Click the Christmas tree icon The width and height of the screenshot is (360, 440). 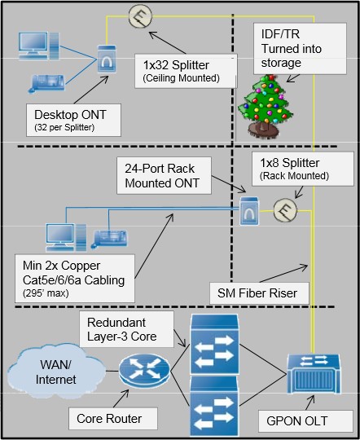(266, 107)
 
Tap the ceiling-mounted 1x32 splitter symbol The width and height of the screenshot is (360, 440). (140, 16)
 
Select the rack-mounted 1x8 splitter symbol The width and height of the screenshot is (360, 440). (285, 210)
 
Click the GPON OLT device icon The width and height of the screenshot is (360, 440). (314, 373)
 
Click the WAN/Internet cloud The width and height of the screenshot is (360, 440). (56, 372)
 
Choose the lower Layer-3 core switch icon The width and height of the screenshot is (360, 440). (214, 406)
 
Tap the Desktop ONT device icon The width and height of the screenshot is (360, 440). (107, 59)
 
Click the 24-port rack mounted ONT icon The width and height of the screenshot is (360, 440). (249, 211)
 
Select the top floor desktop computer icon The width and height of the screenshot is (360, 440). (39, 46)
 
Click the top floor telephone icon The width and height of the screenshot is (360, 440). (46, 83)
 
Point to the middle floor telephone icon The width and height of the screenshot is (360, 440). (109, 239)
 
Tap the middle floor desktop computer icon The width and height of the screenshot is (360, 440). (66, 237)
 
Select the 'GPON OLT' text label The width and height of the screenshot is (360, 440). (296, 421)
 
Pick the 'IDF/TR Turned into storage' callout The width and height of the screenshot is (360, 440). (300, 49)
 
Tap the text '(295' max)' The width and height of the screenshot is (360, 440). (46, 293)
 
